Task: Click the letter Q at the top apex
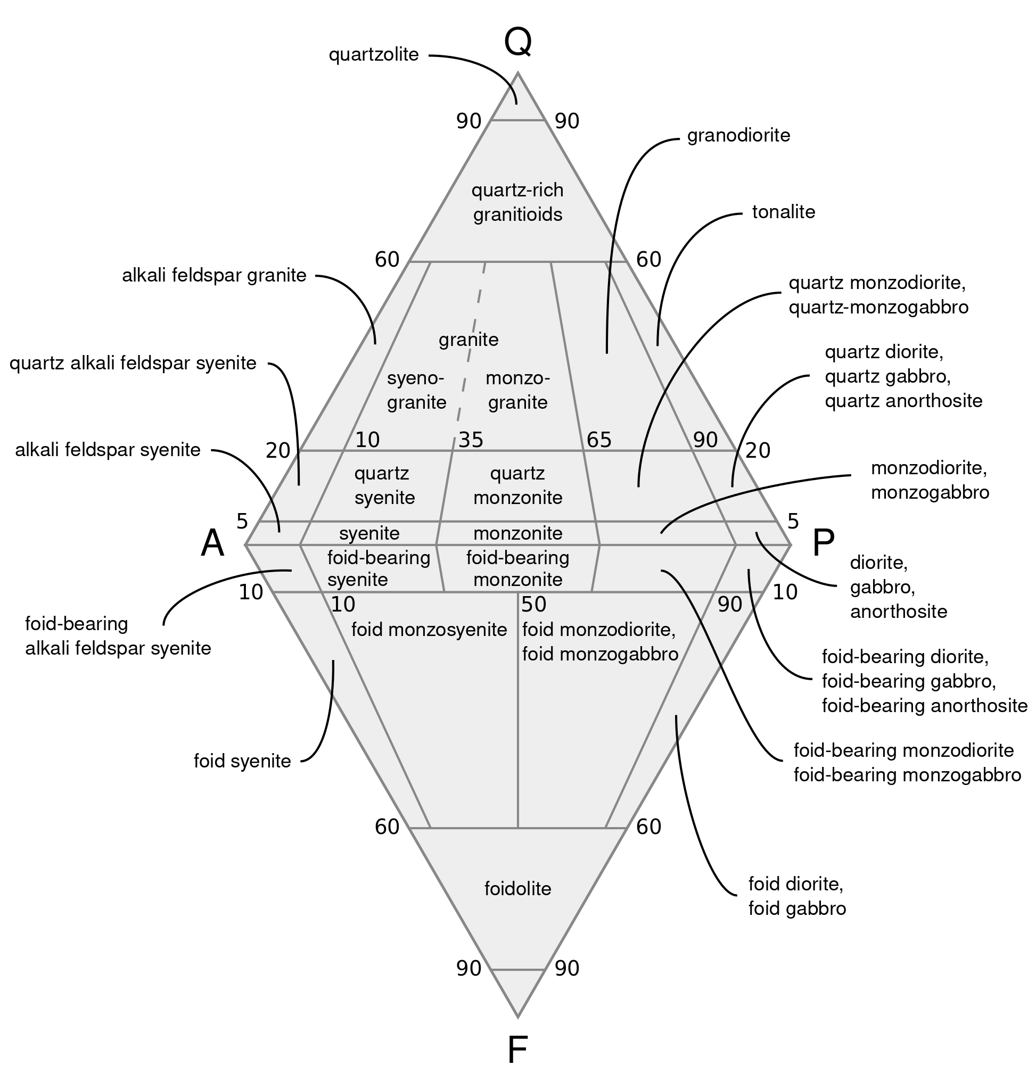(517, 42)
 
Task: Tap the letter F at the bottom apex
(517, 1050)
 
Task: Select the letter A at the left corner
(212, 543)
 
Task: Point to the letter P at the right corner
(823, 543)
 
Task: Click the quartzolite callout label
(374, 55)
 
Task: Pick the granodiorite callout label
(738, 135)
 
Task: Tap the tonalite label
(783, 212)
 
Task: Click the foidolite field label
(517, 888)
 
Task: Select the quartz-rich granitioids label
(517, 202)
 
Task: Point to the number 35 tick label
(471, 440)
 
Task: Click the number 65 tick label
(599, 440)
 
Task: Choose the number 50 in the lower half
(534, 605)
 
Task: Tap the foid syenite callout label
(242, 761)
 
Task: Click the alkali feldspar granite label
(213, 275)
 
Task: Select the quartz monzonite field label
(517, 485)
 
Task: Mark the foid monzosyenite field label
(429, 629)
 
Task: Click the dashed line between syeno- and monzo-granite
(471, 348)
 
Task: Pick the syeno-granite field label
(416, 391)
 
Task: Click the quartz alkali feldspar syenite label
(133, 364)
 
